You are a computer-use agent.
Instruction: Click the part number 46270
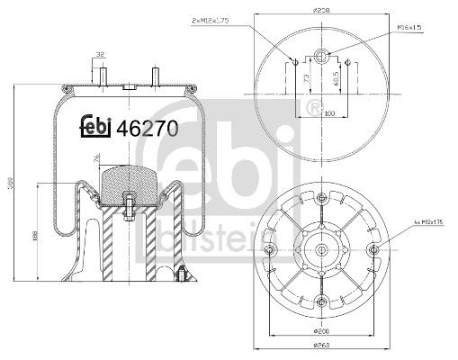tap(142, 128)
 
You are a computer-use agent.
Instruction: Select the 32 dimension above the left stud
tap(101, 55)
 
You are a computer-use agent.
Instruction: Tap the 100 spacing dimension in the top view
tap(329, 113)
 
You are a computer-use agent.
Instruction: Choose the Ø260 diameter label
tap(319, 346)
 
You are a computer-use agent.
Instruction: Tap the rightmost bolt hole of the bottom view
tap(374, 248)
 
